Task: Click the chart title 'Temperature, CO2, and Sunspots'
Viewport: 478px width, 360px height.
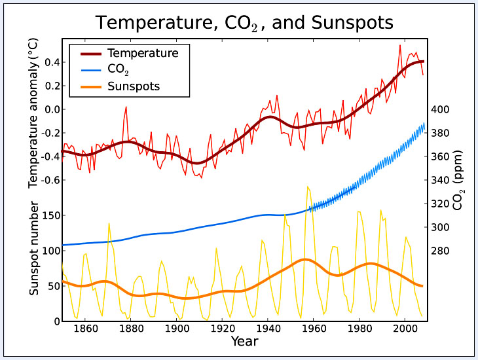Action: click(244, 23)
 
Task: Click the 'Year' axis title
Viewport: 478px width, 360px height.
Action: click(244, 342)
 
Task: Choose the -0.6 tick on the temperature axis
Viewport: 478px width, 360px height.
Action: click(49, 180)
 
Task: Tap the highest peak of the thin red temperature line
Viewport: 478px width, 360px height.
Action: click(400, 45)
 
